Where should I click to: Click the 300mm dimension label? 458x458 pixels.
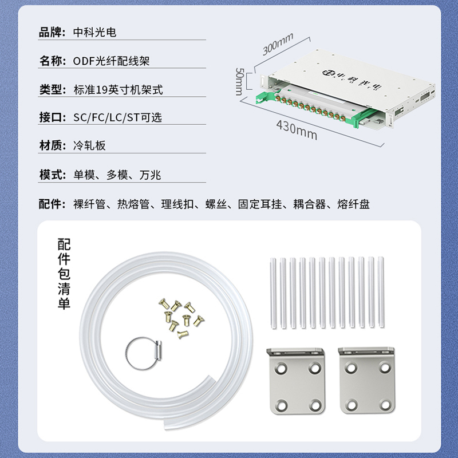(x=278, y=45)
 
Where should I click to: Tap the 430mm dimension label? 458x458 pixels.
(x=297, y=131)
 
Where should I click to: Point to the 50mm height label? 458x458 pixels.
(x=239, y=81)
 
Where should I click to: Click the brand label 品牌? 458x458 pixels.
(x=50, y=32)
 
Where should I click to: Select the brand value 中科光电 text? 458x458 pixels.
(x=95, y=32)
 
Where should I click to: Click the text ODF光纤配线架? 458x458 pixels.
(x=111, y=61)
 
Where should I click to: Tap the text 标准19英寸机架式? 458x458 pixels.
(x=119, y=90)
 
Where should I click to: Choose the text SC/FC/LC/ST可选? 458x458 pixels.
(x=117, y=117)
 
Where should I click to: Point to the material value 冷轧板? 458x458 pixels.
(x=89, y=145)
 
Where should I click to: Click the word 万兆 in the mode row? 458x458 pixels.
(x=150, y=175)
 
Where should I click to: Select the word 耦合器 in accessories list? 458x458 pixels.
(x=310, y=204)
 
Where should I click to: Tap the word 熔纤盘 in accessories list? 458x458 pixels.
(x=353, y=204)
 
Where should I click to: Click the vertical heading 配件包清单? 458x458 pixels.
(x=64, y=274)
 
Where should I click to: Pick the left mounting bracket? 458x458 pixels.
(x=296, y=381)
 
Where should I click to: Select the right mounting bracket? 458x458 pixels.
(x=367, y=380)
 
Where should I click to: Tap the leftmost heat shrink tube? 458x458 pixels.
(x=273, y=293)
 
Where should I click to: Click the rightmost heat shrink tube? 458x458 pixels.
(x=381, y=292)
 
